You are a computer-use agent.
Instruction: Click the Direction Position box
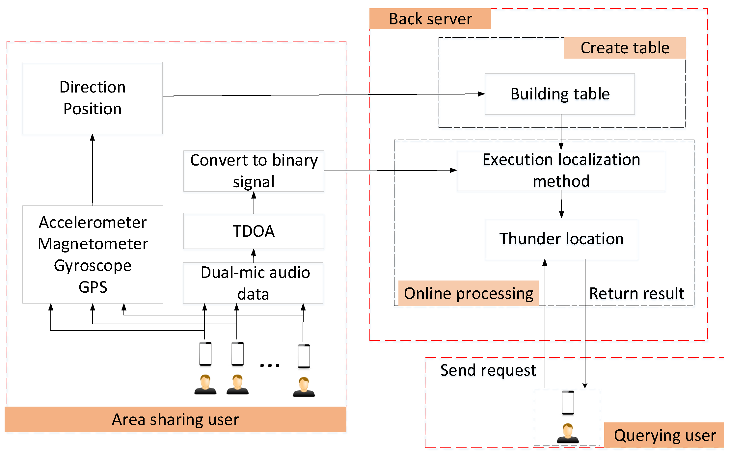(93, 98)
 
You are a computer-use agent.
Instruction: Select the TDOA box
(254, 231)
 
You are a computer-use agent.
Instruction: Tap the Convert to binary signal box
(254, 171)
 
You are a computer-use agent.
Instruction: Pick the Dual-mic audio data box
(253, 283)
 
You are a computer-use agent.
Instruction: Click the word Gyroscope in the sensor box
(93, 265)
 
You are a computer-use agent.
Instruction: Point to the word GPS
(93, 287)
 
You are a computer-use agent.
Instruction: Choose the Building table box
(560, 94)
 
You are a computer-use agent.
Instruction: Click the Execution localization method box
(561, 170)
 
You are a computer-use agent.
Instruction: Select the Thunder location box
(561, 238)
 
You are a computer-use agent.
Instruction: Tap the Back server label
(430, 19)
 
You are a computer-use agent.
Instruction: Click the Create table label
(625, 48)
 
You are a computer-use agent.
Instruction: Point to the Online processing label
(469, 293)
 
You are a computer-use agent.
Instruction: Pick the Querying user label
(664, 435)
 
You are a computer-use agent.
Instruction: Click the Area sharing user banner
(176, 419)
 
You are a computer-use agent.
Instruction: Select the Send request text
(488, 370)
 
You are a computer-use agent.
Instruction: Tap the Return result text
(637, 293)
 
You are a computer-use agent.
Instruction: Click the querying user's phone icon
(568, 403)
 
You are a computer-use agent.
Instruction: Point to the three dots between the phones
(270, 365)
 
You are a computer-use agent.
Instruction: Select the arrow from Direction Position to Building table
(324, 95)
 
